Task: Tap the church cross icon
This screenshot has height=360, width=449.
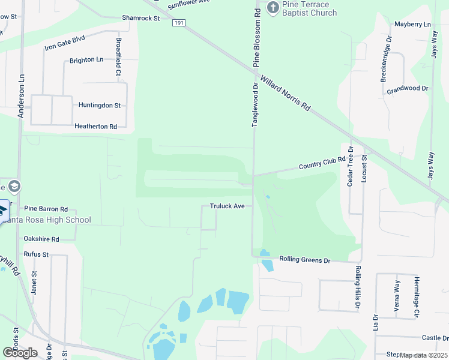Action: click(273, 7)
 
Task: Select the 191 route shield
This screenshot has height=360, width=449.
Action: click(178, 23)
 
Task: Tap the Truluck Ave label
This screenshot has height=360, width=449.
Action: click(227, 206)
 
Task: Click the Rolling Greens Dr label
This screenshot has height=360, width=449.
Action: click(305, 260)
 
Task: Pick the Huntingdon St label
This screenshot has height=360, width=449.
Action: click(100, 105)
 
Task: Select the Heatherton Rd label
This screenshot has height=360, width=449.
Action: click(95, 127)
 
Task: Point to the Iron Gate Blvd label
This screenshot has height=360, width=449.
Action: click(65, 43)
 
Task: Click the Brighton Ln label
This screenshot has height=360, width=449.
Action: click(86, 60)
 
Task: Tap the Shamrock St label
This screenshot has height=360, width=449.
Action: click(141, 18)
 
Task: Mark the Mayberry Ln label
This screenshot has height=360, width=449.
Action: click(412, 25)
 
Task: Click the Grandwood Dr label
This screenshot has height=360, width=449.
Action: click(407, 88)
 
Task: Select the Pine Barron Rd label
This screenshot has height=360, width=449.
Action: click(46, 209)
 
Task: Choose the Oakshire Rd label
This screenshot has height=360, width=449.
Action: click(41, 239)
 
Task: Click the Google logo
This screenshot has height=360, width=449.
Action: click(20, 352)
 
